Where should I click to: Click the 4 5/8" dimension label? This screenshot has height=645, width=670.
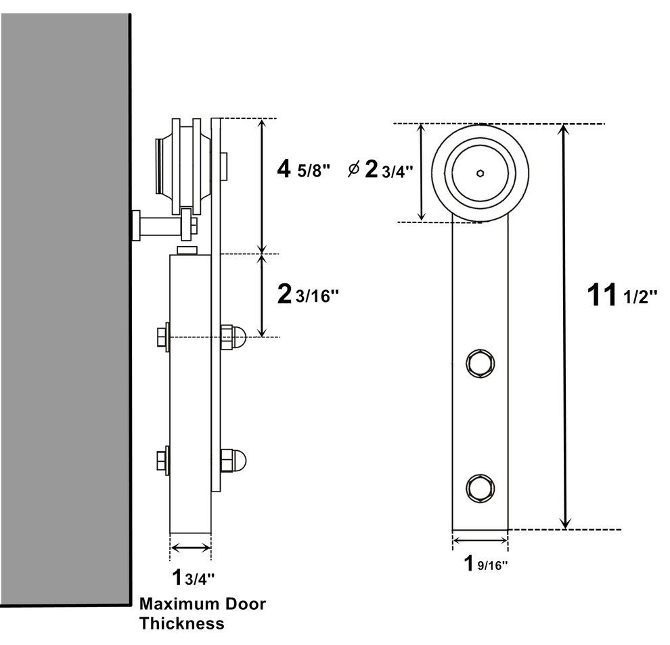[x=303, y=169]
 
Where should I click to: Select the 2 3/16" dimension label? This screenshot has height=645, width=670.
[x=308, y=294]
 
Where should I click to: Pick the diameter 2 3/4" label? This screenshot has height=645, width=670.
[x=379, y=170]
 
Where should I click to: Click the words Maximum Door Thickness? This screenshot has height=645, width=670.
[x=202, y=613]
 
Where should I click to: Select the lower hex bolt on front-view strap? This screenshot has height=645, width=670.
[x=479, y=486]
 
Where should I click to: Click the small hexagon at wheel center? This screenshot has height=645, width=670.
[x=480, y=172]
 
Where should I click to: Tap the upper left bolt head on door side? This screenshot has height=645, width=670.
[x=162, y=336]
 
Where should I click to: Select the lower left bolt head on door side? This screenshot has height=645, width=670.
[x=162, y=462]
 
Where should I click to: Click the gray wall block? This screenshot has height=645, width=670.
[x=64, y=304]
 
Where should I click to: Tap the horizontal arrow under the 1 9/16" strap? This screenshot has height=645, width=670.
[x=480, y=540]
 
